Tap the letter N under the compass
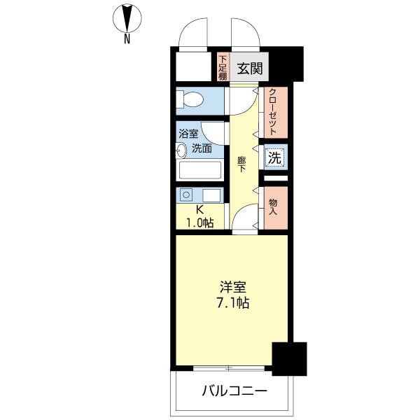pyautogui.click(x=127, y=40)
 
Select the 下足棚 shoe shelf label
pyautogui.click(x=222, y=67)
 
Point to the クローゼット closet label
pyautogui.click(x=274, y=112)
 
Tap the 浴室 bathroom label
pyautogui.click(x=188, y=134)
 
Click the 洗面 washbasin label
pyautogui.click(x=202, y=148)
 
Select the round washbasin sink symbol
pyautogui.click(x=181, y=149)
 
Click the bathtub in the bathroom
pyautogui.click(x=200, y=170)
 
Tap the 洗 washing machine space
pyautogui.click(x=275, y=157)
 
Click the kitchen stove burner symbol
pyautogui.click(x=186, y=195)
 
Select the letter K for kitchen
pyautogui.click(x=199, y=210)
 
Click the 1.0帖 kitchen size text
pyautogui.click(x=199, y=223)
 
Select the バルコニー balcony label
pyautogui.click(x=235, y=391)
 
